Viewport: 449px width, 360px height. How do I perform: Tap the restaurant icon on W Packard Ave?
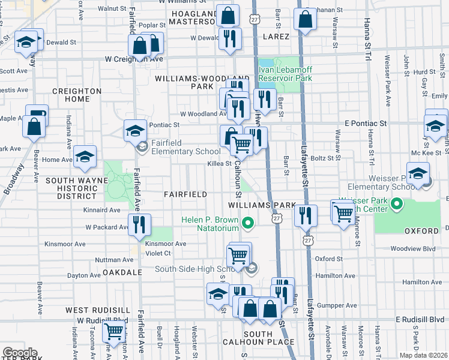tap(139, 224)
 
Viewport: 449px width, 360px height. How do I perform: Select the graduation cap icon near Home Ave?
tap(85, 156)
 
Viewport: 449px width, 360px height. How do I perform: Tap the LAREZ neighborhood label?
tap(277, 37)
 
